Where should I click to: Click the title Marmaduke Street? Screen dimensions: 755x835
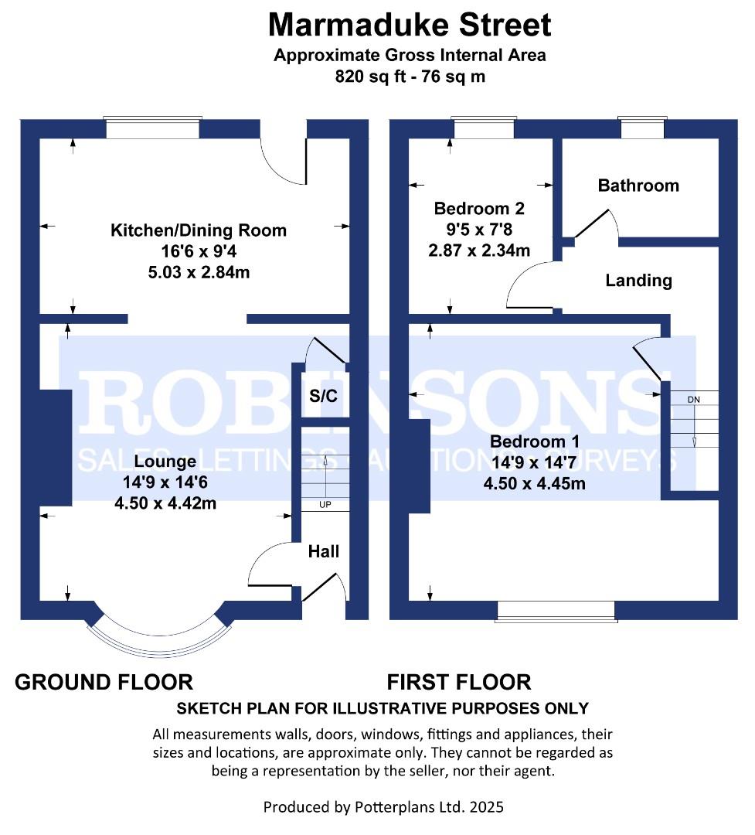(x=410, y=25)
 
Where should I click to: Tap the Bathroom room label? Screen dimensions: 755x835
(x=638, y=186)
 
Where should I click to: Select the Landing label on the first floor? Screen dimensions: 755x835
(x=638, y=280)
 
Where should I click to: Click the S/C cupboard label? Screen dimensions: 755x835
(x=323, y=396)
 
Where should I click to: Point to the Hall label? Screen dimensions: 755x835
(x=323, y=551)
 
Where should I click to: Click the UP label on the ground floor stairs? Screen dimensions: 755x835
(x=325, y=504)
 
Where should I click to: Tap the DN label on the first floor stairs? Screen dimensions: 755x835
(x=693, y=400)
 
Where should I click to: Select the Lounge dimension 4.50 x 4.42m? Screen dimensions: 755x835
(x=165, y=503)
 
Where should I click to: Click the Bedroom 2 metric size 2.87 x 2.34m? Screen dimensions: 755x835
(x=479, y=250)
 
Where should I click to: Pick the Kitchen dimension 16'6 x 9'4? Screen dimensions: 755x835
(x=199, y=250)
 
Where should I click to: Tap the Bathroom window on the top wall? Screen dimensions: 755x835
(x=643, y=128)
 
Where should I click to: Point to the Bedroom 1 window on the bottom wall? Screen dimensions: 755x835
(x=556, y=612)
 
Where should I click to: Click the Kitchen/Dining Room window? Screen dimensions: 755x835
(x=153, y=128)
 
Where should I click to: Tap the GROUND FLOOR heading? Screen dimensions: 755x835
(x=104, y=682)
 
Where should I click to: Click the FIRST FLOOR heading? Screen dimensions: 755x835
(x=459, y=682)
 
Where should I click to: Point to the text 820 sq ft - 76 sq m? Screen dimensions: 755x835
(x=410, y=77)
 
